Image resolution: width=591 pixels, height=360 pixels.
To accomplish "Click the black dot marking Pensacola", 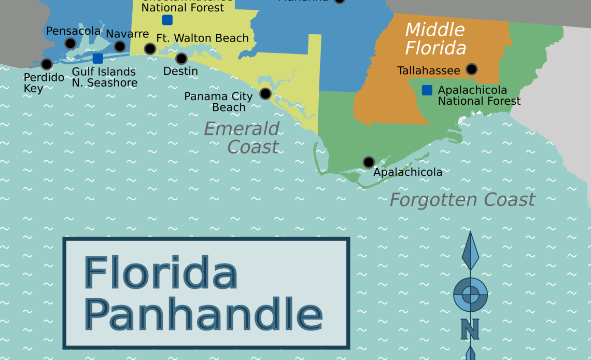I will click(x=70, y=43).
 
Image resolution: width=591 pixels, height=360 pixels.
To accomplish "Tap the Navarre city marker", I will click(x=120, y=46).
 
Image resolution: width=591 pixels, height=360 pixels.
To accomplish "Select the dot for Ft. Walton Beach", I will click(x=150, y=49).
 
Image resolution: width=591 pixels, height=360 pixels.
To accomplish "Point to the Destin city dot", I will click(x=181, y=59).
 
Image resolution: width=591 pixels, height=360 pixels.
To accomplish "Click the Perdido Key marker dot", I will click(x=47, y=64).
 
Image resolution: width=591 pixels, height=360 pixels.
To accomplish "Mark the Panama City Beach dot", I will click(x=265, y=93).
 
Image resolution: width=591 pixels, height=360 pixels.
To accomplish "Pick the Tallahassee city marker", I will click(x=471, y=69).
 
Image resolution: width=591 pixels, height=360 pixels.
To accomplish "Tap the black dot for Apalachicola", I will click(x=369, y=162).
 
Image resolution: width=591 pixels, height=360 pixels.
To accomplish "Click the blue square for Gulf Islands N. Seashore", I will click(x=97, y=58).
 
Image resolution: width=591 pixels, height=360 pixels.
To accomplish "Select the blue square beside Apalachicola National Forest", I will click(x=427, y=90).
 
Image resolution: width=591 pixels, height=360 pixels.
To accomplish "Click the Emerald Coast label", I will click(x=242, y=137).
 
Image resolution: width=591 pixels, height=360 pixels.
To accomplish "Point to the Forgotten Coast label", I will click(x=462, y=200).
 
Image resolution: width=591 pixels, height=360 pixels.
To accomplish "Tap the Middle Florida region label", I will click(x=435, y=39).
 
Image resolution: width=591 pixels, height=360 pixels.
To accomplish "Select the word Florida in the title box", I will click(x=161, y=273).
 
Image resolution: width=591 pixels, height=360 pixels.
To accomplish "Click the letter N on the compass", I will click(x=470, y=329).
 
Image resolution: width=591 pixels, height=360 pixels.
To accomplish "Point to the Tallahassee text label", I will click(x=429, y=71).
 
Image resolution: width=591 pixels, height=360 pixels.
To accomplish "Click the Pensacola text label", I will click(x=73, y=31).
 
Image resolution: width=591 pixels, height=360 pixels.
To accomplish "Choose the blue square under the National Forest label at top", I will click(x=167, y=20).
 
